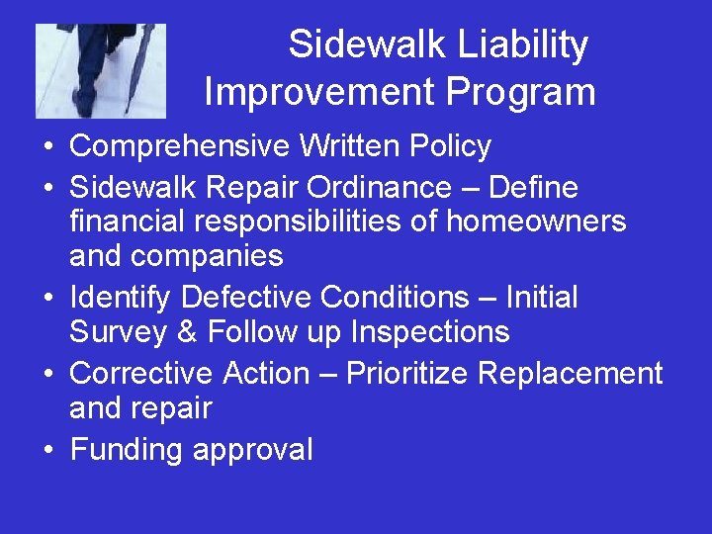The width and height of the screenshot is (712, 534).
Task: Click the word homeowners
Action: click(x=536, y=221)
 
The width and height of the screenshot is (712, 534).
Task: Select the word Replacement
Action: click(x=571, y=373)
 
